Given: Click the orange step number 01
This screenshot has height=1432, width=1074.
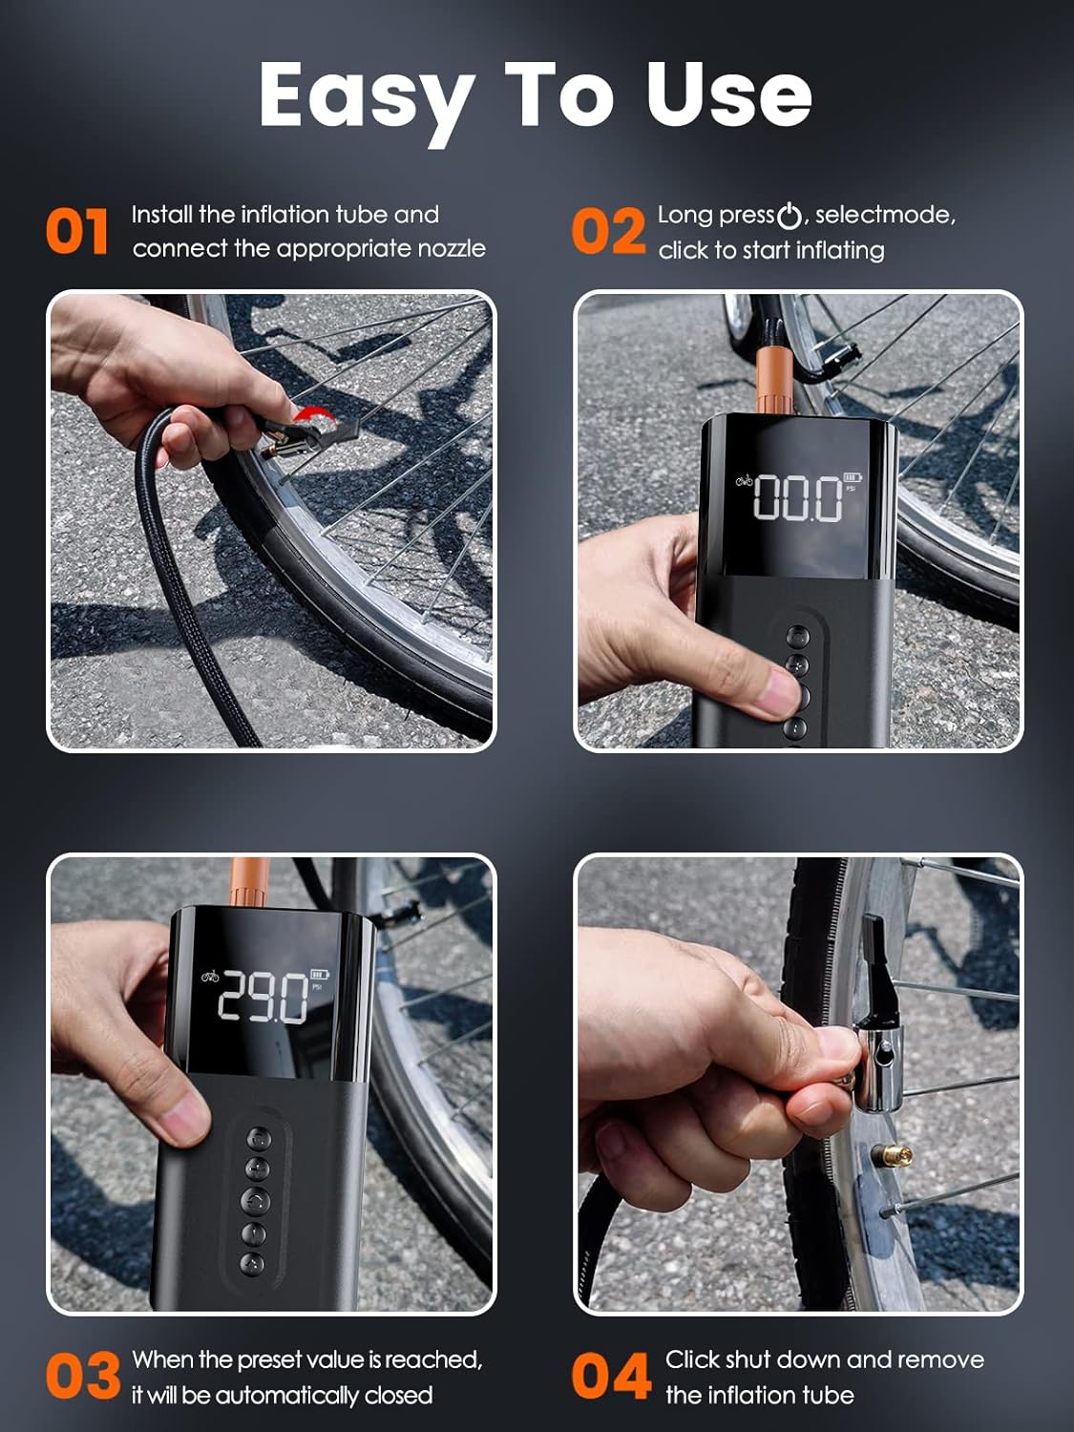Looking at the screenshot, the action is pos(77,232).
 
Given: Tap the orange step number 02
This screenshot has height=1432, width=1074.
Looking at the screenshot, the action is pos(608,231).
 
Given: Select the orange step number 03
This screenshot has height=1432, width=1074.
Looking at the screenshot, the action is pos(83,1376).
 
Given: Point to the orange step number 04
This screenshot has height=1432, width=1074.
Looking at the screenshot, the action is pos(611,1376).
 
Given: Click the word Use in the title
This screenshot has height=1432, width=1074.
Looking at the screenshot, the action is pos(729,95).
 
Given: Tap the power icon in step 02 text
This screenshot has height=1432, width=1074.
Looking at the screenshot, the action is pos(790,217).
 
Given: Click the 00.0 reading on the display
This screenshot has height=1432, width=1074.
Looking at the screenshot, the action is pos(797,498).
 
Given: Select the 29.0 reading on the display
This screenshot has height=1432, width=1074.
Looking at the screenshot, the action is pos(263,997).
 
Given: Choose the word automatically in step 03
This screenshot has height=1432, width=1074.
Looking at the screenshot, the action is pos(287,1395).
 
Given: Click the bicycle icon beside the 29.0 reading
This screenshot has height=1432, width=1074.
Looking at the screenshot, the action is pos(210,976).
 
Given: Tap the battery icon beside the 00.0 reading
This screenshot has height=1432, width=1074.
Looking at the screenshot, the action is pos(853,477).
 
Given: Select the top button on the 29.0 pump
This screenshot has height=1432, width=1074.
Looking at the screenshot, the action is pos(259,1138).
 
